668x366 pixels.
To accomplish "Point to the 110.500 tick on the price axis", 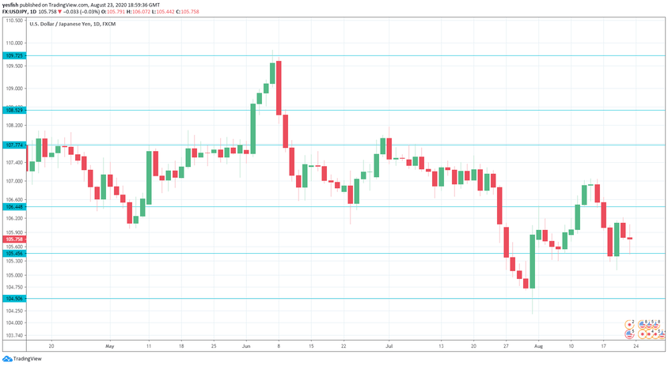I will click(13, 21).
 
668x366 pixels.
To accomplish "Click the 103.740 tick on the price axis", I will click(13, 335).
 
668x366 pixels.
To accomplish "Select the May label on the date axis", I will click(109, 346).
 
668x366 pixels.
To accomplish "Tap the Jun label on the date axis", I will click(246, 346).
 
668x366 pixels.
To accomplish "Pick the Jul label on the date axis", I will click(389, 346).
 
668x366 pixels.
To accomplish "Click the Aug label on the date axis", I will click(539, 346).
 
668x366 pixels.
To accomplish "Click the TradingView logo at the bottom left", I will click(23, 358).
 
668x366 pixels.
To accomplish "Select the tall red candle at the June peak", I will click(279, 88).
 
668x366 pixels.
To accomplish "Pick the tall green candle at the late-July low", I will click(532, 261).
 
